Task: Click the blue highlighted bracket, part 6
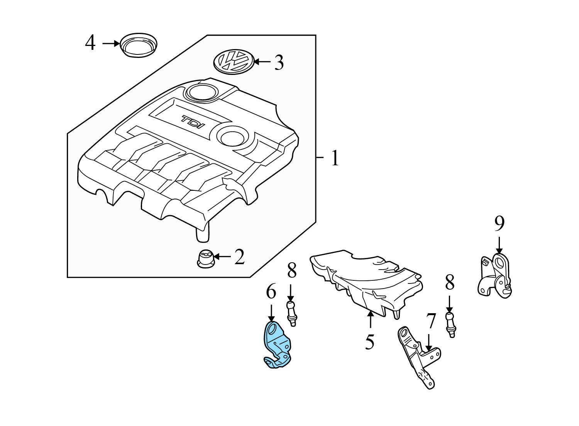[276, 344]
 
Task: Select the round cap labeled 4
[139, 45]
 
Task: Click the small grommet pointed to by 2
[205, 258]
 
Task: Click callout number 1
[335, 158]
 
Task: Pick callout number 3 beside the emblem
[279, 62]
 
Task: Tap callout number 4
[90, 43]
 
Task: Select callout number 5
[369, 341]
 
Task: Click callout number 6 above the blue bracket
[271, 292]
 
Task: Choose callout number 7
[431, 321]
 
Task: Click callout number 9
[499, 223]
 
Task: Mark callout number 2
[239, 257]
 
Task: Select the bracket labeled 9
[495, 276]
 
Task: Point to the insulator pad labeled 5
[367, 282]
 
